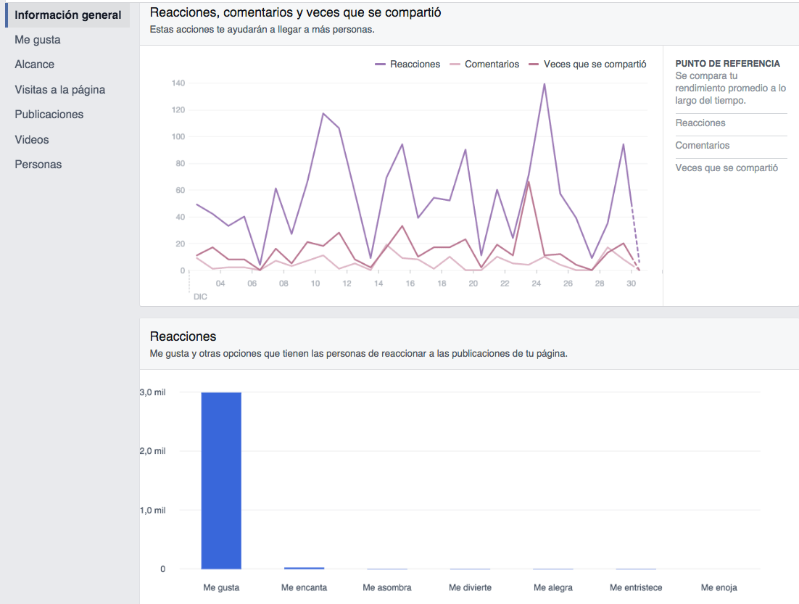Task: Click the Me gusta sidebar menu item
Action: click(x=38, y=40)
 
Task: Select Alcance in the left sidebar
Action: click(x=35, y=65)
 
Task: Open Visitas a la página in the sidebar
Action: click(x=60, y=90)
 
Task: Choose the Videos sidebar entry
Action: click(x=32, y=139)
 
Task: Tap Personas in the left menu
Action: click(x=38, y=165)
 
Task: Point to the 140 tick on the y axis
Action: click(x=178, y=83)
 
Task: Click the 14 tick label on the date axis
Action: click(x=378, y=284)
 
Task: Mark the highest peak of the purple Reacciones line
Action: click(x=544, y=84)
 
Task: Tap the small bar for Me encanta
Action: click(x=304, y=568)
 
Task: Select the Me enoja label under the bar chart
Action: click(x=719, y=587)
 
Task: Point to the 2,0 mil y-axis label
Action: click(x=152, y=451)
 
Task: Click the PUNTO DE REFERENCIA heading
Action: click(x=727, y=64)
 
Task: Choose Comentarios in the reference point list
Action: click(x=703, y=146)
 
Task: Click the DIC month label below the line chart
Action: click(x=200, y=297)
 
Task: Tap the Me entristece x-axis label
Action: click(x=636, y=587)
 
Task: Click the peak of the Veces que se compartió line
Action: click(x=529, y=181)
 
